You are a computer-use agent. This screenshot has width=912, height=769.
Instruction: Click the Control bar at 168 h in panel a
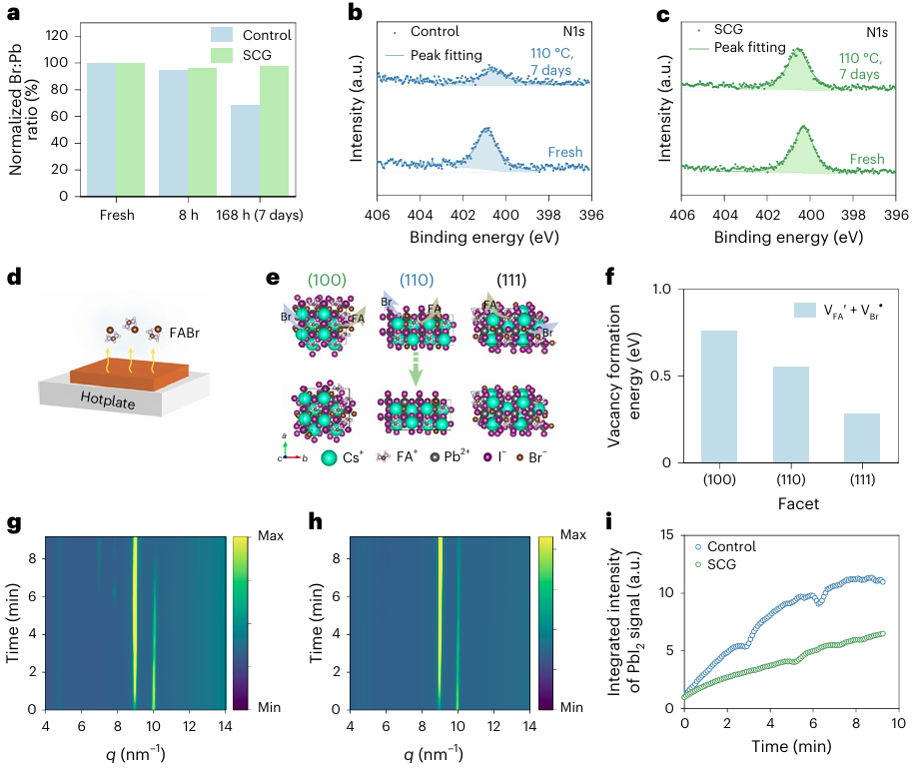click(245, 151)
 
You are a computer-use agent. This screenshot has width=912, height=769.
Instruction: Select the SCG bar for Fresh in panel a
click(129, 130)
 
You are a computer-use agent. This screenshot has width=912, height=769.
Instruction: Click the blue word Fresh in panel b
click(564, 153)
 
